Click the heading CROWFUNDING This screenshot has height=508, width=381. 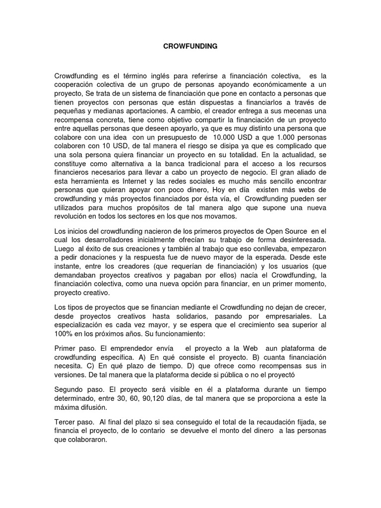(x=190, y=46)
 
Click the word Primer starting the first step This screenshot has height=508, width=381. (x=65, y=348)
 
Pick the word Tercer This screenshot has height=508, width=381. (x=65, y=422)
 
